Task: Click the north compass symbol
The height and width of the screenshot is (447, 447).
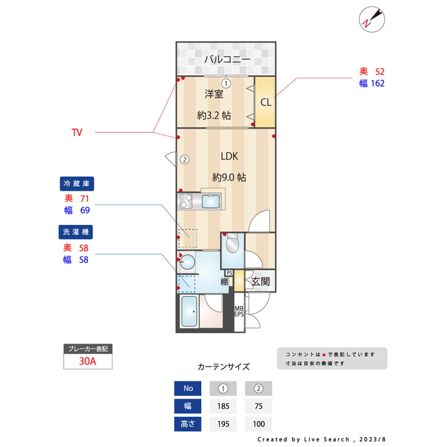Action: point(372,20)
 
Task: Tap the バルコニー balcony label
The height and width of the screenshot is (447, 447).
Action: point(227,59)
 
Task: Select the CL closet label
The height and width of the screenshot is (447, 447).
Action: point(265,102)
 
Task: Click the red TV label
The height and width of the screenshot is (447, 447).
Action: point(77,132)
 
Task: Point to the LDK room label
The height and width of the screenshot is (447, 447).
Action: point(229,156)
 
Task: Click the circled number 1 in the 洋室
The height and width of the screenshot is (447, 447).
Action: point(226,84)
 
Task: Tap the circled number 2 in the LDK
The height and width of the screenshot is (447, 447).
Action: point(184,159)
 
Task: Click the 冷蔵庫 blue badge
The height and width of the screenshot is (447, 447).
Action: point(77,184)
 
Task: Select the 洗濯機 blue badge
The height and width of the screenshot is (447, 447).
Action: point(76,232)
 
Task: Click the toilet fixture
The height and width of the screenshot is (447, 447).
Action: point(233,243)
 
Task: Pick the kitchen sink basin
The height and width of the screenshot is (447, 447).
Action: point(211,201)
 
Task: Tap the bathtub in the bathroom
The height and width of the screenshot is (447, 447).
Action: point(189,312)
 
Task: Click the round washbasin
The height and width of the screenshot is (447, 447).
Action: point(188,261)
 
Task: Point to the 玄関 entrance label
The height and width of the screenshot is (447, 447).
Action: point(261,281)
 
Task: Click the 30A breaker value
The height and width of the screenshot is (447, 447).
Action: point(87,361)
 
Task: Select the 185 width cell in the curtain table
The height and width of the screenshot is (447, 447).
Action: point(223,406)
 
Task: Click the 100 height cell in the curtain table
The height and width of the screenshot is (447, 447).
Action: point(258,424)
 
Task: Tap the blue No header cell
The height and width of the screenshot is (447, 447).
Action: point(188,388)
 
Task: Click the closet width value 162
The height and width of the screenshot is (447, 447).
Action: point(378,83)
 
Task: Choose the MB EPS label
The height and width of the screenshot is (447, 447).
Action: point(239,312)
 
